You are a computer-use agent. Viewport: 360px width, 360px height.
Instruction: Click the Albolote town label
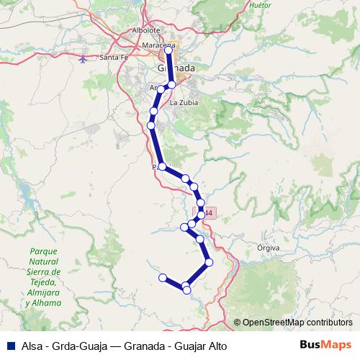tap(146, 31)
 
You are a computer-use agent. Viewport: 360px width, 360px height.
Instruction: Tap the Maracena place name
tap(159, 45)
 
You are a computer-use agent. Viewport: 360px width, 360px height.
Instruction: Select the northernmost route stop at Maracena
tap(168, 50)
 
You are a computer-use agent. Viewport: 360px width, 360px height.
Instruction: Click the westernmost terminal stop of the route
tap(163, 277)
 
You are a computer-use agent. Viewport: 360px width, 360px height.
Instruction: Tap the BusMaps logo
tap(325, 345)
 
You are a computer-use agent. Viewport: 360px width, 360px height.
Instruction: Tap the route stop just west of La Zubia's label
tap(172, 85)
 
